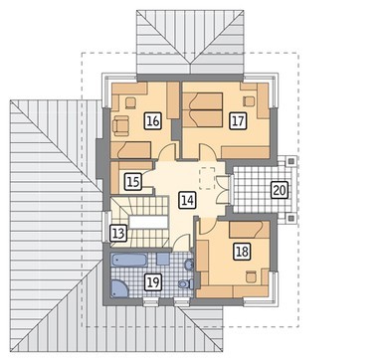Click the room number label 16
[x=152, y=121]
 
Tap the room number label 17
[x=238, y=121]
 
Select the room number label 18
[x=242, y=252]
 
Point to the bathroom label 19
[x=152, y=282]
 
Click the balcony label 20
[x=280, y=190]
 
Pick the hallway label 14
[x=187, y=200]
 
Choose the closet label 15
[x=133, y=182]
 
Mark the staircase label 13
[x=118, y=234]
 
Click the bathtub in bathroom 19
[x=129, y=260]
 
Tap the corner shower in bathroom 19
[x=119, y=288]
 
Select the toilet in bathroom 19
[x=186, y=284]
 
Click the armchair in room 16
[x=120, y=125]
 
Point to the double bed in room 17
[x=202, y=109]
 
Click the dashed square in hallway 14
[x=208, y=178]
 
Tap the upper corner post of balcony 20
[x=291, y=161]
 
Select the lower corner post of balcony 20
[x=291, y=218]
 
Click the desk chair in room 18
[x=251, y=276]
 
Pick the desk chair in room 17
[x=249, y=101]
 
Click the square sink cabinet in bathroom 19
[x=163, y=259]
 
